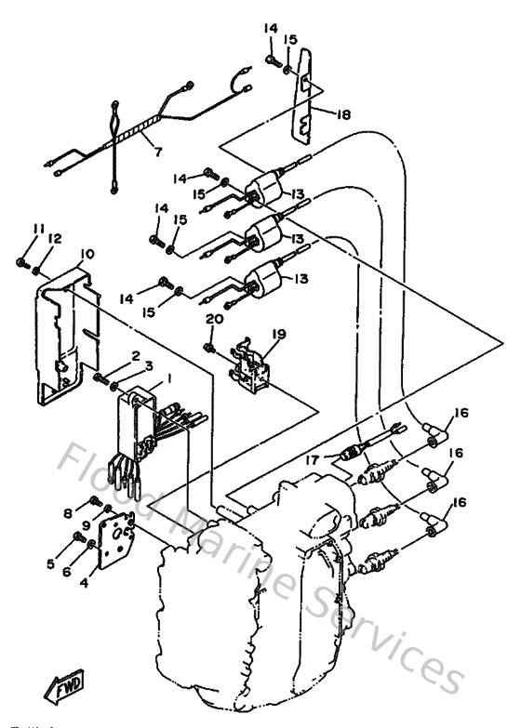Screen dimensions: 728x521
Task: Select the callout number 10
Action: click(87, 254)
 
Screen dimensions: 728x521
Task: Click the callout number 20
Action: click(214, 318)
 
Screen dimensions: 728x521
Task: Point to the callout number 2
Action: click(135, 355)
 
